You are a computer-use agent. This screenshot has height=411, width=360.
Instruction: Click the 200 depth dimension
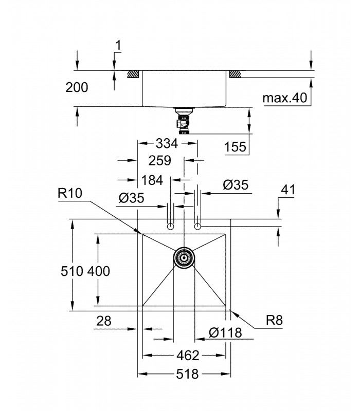tap(77, 87)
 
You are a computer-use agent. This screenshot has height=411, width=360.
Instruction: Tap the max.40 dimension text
tap(285, 98)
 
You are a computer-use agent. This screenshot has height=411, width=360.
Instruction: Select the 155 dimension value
tap(235, 147)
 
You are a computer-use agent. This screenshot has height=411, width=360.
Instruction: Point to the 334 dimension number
tap(167, 143)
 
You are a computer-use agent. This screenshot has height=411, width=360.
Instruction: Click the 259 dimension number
tap(159, 160)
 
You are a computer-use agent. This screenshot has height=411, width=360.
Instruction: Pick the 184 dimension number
tap(152, 180)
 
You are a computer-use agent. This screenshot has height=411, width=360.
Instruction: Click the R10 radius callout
tap(70, 193)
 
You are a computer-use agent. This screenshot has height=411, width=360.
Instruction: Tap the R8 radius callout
tap(275, 320)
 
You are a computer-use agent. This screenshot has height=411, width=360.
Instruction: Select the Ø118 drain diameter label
tap(225, 332)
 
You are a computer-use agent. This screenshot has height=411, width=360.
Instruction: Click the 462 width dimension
tap(188, 356)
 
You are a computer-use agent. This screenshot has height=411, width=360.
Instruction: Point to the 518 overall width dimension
tap(187, 374)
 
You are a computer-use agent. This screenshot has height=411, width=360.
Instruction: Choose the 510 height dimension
tap(72, 271)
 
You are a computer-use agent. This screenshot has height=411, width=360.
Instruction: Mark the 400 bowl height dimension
tap(98, 271)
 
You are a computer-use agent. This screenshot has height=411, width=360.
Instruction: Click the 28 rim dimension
tap(104, 321)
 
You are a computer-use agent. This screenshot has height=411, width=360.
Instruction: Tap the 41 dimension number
tap(288, 189)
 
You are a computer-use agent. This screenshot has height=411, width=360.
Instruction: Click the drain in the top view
tap(184, 258)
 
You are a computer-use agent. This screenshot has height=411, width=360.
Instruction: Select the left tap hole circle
tap(171, 226)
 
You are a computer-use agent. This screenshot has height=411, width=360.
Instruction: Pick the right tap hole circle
tap(197, 226)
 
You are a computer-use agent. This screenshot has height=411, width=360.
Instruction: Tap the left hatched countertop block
tap(133, 74)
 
